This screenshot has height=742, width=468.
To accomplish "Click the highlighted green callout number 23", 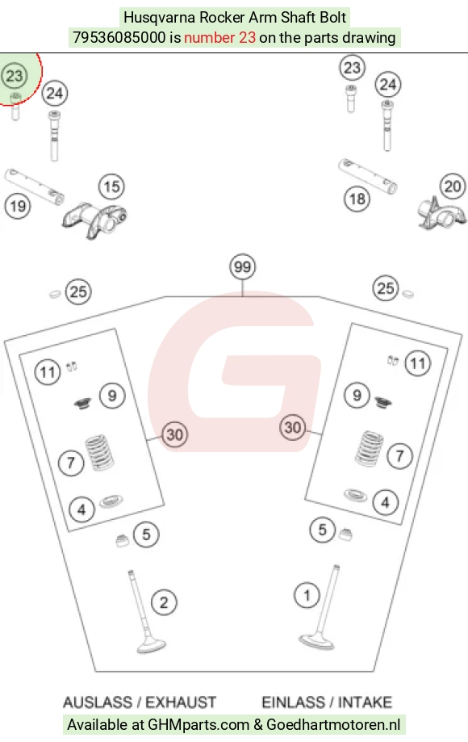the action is (15, 76).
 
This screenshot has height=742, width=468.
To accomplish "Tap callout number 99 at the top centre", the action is (243, 267).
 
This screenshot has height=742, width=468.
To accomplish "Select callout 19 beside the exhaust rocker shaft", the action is (18, 207).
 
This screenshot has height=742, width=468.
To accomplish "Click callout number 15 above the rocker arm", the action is (111, 187).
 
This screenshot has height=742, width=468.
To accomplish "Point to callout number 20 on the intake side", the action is (453, 186).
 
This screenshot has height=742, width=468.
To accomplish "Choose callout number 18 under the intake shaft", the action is (357, 199).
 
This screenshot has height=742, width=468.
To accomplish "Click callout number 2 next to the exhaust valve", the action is (164, 602).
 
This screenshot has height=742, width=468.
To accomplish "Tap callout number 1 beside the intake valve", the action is (307, 595).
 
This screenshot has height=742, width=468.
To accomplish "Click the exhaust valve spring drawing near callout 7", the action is (100, 453).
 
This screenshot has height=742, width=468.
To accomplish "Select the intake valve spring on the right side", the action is (370, 448).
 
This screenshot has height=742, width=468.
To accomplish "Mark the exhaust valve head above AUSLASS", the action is (152, 646).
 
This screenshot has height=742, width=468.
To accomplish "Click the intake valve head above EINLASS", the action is (317, 641).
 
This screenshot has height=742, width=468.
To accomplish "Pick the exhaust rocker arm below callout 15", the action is (94, 220).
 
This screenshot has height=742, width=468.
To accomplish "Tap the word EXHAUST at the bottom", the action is (181, 702).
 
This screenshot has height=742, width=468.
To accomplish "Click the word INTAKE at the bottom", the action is (365, 702).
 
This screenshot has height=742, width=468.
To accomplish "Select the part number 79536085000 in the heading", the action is (119, 37).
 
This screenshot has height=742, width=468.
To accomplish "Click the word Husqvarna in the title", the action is (159, 18).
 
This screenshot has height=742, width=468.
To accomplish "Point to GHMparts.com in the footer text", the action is (198, 724).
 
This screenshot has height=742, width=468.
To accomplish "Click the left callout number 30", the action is (175, 434).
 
